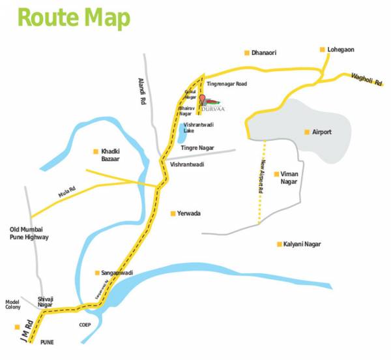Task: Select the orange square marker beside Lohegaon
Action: pos(322,50)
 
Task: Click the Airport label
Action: pos(322,132)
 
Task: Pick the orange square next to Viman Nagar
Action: pos(276,174)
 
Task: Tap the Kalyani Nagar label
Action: pos(302,244)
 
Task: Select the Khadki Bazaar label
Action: pos(111,154)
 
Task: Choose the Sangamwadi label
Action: pos(117,273)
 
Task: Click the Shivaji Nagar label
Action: pos(45,301)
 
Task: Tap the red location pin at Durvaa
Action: pos(202,99)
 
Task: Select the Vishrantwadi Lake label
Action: pos(197,127)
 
